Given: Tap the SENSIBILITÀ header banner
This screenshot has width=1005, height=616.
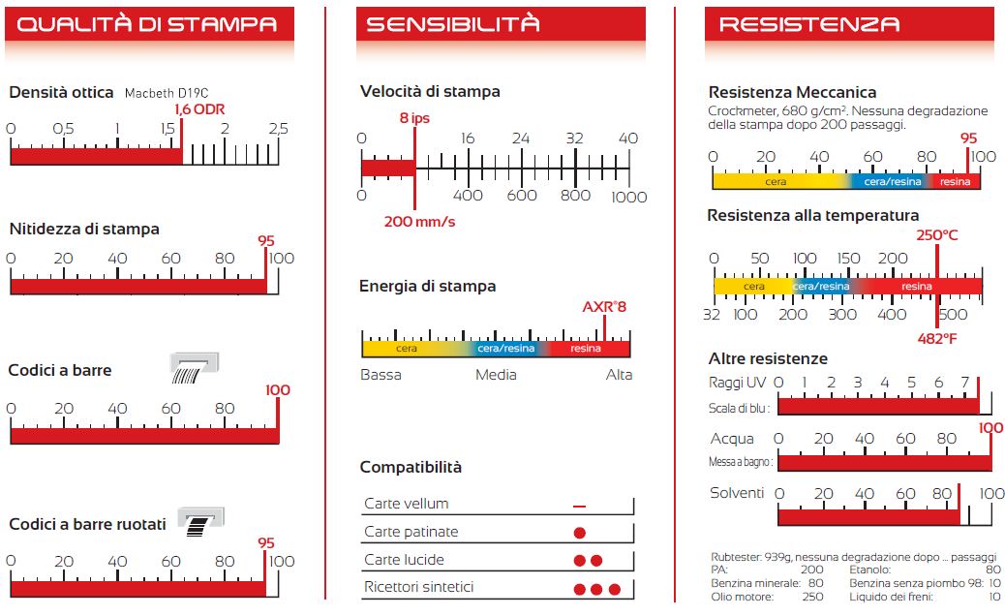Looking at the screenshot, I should click(500, 23).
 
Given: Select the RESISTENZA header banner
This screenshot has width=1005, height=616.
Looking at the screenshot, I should click(848, 23).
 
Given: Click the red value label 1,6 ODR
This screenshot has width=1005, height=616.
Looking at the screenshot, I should click(200, 109).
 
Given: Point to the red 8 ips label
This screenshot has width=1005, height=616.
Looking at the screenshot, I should click(414, 118).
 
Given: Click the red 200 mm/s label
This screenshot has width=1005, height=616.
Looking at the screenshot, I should click(419, 222).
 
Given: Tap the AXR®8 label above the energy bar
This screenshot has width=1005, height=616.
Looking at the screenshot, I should click(604, 307).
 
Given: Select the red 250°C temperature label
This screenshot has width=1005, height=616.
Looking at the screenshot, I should click(937, 235).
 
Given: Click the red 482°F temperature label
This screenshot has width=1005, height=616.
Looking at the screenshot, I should click(937, 338).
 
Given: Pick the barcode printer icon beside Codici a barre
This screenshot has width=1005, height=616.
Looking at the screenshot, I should click(195, 368).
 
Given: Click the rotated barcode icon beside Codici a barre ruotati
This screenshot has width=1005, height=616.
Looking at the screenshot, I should click(200, 521).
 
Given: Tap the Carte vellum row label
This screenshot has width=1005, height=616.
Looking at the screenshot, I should click(406, 504).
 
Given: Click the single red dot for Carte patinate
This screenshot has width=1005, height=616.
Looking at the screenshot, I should click(580, 533).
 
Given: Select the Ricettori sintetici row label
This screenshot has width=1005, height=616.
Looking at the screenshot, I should click(418, 587).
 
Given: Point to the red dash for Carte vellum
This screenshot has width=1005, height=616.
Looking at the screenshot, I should click(579, 507).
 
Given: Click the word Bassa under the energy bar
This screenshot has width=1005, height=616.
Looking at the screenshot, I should click(381, 375).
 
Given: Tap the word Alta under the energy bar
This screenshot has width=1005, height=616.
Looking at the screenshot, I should click(619, 375).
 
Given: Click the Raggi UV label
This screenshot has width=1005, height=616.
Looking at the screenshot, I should click(738, 383).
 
